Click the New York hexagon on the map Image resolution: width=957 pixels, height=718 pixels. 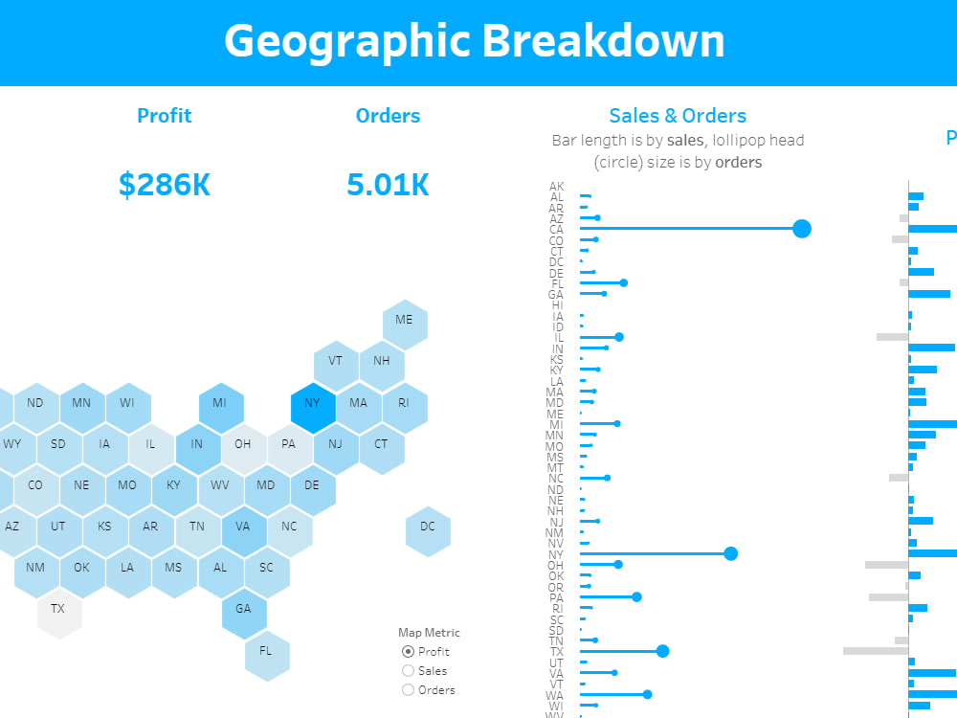[x=313, y=403]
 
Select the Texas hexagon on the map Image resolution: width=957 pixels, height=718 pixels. [x=58, y=608]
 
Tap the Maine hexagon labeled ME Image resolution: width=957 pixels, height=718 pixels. [x=405, y=320]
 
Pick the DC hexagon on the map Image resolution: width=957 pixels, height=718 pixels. [x=428, y=527]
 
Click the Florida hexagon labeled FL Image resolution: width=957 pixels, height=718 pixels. [x=267, y=651]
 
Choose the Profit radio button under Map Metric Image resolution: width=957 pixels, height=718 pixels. [x=409, y=652]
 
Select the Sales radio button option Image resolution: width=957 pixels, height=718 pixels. [x=409, y=671]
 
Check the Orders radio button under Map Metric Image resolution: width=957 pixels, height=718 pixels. [x=409, y=690]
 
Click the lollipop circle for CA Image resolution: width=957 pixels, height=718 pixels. [x=802, y=229]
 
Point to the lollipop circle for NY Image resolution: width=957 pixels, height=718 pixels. [x=731, y=553]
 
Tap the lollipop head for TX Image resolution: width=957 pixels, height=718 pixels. [x=662, y=651]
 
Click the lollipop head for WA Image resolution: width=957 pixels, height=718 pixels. [x=648, y=695]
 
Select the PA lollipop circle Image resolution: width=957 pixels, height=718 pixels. [x=636, y=596]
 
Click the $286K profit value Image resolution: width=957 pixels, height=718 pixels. [x=165, y=184]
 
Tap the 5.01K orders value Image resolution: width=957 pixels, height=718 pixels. [x=388, y=184]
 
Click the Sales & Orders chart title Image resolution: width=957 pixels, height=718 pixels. [x=678, y=116]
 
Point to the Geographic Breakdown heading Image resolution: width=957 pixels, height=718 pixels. [x=475, y=41]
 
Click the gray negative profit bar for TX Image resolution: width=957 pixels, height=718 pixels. [x=875, y=651]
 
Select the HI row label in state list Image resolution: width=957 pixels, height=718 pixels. [x=558, y=305]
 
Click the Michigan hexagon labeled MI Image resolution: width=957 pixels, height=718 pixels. [x=220, y=403]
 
